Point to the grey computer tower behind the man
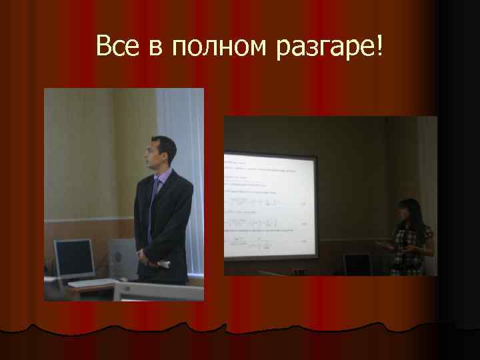(121, 257)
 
